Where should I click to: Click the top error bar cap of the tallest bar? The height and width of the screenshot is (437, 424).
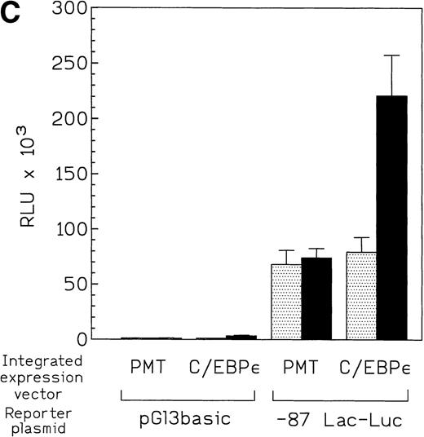(x=392, y=55)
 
